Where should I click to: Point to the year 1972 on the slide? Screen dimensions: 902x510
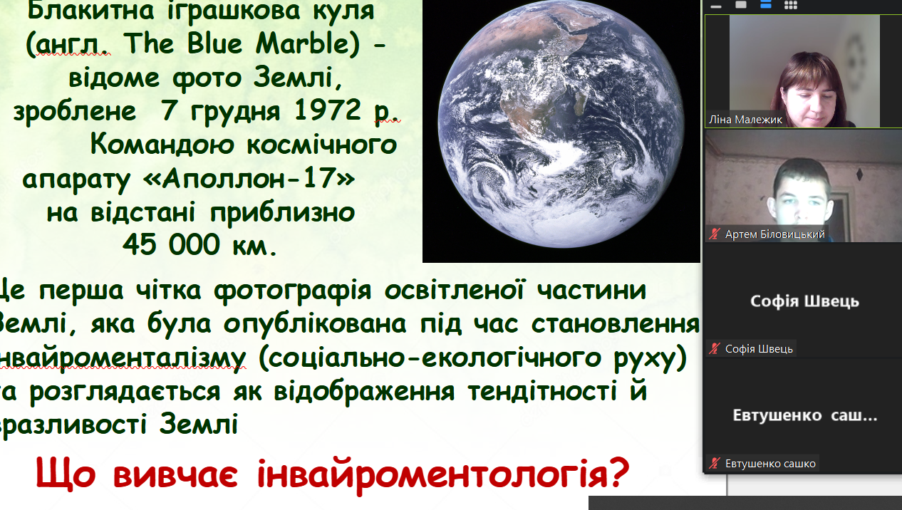(327, 110)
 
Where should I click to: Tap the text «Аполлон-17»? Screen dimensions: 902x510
(249, 178)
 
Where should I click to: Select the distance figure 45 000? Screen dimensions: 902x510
(171, 244)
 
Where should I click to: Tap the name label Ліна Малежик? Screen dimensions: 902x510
(745, 120)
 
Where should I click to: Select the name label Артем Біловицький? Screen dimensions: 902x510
(774, 234)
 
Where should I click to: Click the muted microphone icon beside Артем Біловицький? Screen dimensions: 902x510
(715, 234)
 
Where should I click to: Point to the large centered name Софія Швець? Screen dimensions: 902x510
(804, 301)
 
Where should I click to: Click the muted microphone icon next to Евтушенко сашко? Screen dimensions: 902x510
(715, 464)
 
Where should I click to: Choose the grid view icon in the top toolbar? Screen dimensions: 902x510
(791, 5)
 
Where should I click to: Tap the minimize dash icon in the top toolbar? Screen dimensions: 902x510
(716, 6)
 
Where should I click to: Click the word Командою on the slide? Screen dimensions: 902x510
(162, 144)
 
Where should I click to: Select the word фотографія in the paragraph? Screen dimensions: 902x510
(292, 291)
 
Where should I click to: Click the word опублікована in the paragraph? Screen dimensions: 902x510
(315, 324)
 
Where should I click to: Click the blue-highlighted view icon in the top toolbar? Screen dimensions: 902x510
(765, 5)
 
